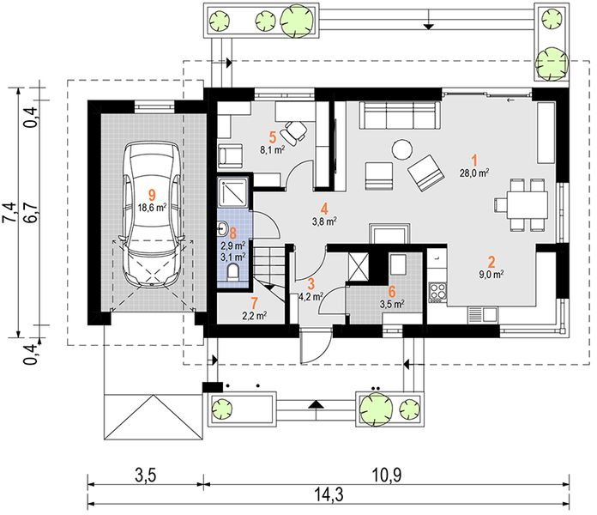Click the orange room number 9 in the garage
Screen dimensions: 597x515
pos(152,195)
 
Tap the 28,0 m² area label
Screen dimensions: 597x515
pos(474,173)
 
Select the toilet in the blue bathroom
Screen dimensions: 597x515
pos(232,273)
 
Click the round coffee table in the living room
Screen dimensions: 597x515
pos(402,149)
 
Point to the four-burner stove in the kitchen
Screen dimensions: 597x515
pos(437,292)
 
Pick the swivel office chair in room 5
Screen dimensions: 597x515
pos(294,131)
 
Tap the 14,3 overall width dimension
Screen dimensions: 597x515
pos(329,494)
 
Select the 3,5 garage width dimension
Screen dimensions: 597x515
pos(145,476)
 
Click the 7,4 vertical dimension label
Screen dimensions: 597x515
pos(10,212)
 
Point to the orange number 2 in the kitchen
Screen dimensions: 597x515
pos(491,262)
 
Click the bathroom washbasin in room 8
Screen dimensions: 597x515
pos(222,229)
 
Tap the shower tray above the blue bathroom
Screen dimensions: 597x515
pos(232,192)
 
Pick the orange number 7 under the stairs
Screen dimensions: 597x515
pos(254,304)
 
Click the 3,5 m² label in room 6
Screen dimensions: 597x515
pos(392,304)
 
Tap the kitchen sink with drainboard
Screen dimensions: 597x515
pos(483,315)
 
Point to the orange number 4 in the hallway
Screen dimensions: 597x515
pos(324,209)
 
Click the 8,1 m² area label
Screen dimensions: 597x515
pos(273,149)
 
